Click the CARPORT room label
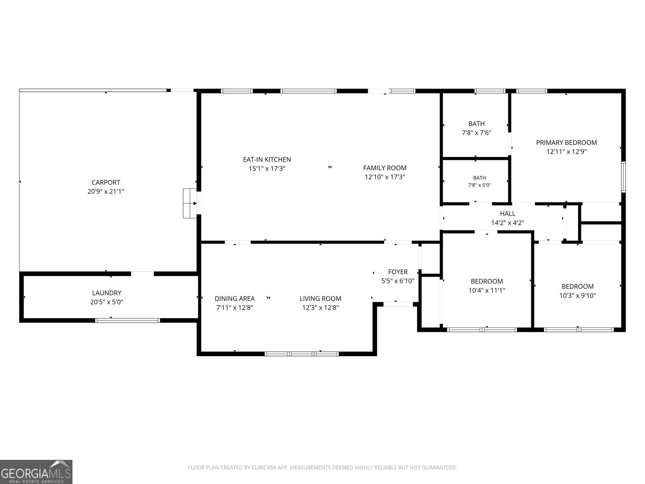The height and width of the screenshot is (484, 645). point(106,182)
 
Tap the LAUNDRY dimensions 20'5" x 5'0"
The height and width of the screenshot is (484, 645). point(107,302)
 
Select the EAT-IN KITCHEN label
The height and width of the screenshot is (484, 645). point(267,160)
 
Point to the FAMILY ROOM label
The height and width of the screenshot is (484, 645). point(385,168)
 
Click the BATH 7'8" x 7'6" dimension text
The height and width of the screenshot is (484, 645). point(476,133)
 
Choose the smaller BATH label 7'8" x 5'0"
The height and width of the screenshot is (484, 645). point(480,181)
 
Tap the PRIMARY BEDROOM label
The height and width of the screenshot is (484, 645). point(566,142)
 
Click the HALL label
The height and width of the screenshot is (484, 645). point(508,214)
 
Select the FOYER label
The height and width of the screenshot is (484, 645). point(398,272)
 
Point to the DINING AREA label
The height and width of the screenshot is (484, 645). point(235,298)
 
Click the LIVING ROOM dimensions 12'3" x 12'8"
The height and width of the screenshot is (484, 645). point(320,308)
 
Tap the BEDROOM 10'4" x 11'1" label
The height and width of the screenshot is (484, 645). point(487,286)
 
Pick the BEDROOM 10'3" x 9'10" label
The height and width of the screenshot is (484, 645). point(577,291)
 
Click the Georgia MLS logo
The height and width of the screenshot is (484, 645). point(36,472)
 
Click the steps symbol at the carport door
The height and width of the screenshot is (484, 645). point(190,203)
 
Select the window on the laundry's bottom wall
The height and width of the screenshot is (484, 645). point(127,320)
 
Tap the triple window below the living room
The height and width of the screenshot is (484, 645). point(302,354)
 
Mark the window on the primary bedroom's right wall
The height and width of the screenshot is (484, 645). point(623,177)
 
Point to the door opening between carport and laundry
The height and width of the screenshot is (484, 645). point(142,273)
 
